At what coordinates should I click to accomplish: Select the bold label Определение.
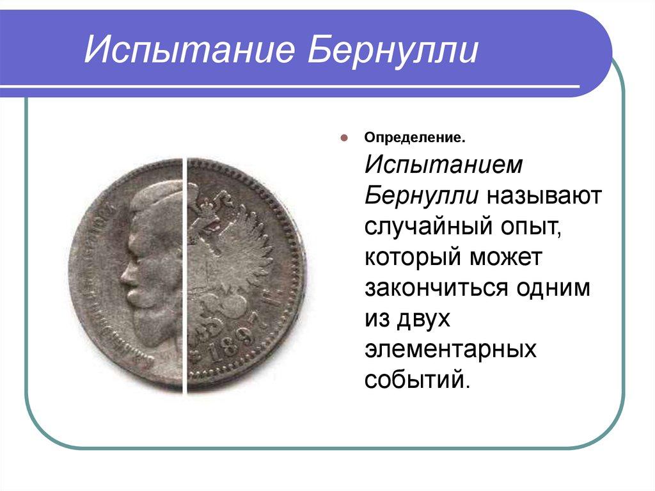click(x=414, y=137)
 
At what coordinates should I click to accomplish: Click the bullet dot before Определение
click(x=343, y=137)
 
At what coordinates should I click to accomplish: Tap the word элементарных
click(x=450, y=349)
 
